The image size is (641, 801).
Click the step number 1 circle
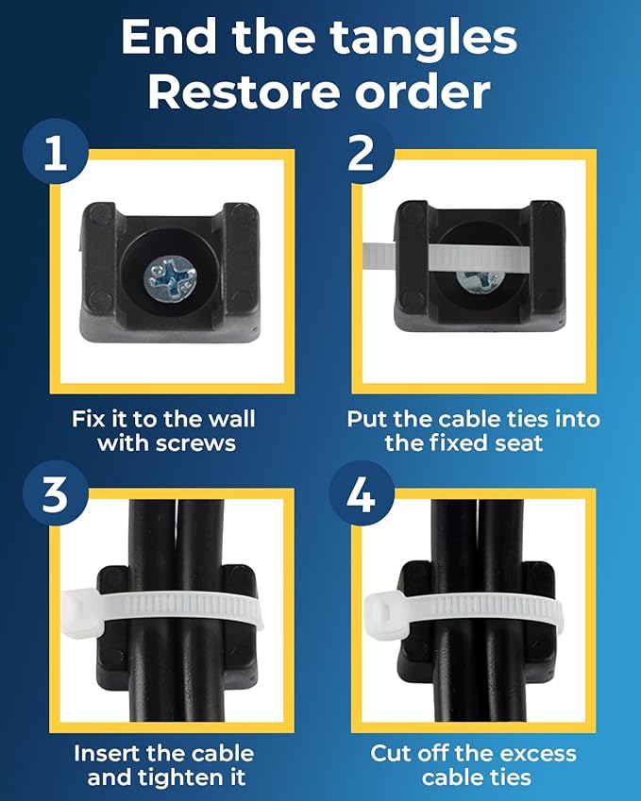55,151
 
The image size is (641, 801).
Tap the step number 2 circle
361,151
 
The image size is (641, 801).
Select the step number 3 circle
55,493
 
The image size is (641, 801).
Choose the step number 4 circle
361,493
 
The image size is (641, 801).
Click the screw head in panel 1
170,279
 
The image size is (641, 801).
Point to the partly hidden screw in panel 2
480,282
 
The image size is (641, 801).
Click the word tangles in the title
423,39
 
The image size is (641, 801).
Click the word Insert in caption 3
108,754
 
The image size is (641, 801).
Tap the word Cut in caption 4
389,754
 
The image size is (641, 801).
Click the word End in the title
168,38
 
